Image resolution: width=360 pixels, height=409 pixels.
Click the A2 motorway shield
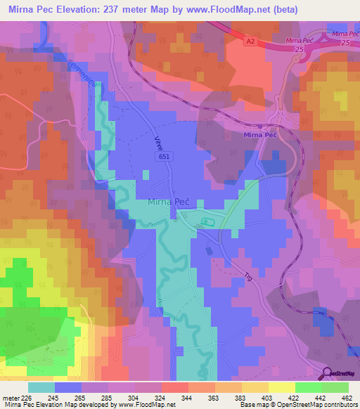[x=250, y=42]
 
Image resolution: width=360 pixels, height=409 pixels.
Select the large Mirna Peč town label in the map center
[x=172, y=203]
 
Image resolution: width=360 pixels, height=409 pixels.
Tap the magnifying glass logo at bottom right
[x=326, y=373]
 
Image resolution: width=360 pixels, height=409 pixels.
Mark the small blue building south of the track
[x=208, y=249]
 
